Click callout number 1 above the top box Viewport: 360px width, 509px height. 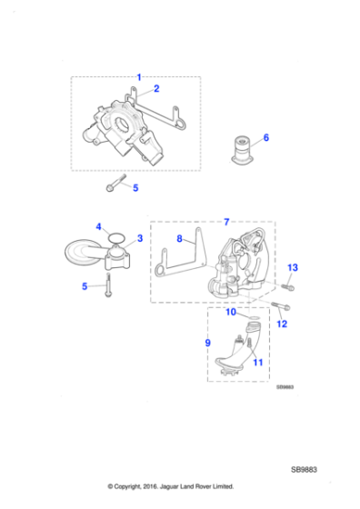139,76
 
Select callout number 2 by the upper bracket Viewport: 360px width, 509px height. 156,89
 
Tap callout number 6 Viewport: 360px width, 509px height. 266,138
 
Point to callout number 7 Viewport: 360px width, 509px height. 227,221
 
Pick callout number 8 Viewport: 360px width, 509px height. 180,239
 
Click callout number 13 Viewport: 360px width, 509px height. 292,266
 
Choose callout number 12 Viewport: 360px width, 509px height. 282,323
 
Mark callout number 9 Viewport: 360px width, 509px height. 208,344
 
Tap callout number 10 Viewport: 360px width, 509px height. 231,312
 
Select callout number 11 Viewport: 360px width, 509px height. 258,362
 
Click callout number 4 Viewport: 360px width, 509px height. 98,226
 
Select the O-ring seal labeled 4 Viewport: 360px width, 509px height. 115,238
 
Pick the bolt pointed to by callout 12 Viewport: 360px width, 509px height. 274,305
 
